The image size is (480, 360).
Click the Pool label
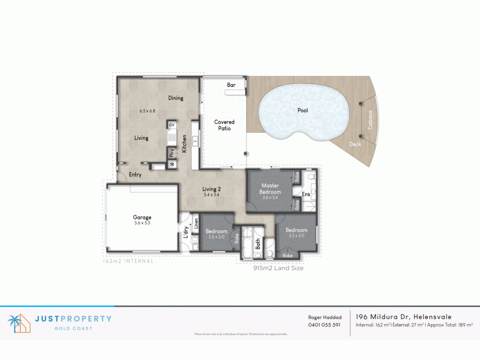pos(302,111)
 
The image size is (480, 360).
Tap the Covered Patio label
pos(225,125)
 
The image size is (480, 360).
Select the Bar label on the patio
pos(231,85)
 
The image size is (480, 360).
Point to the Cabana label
pos(370,121)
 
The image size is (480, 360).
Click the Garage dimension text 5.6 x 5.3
pos(142,223)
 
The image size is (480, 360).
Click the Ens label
pos(306,195)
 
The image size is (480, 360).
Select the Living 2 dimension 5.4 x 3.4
pos(212,195)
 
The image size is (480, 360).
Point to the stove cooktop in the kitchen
pos(172,138)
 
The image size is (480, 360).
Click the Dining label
pos(175,98)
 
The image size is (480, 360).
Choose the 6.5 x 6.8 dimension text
pos(147,111)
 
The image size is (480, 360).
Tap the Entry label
pos(135,175)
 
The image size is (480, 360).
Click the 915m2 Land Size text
pos(278,269)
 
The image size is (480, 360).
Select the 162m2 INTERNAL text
pos(127,261)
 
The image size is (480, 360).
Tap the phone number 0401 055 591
pos(324,325)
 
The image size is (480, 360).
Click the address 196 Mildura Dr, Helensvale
pos(403,317)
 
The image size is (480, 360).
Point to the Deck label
pos(355,145)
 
